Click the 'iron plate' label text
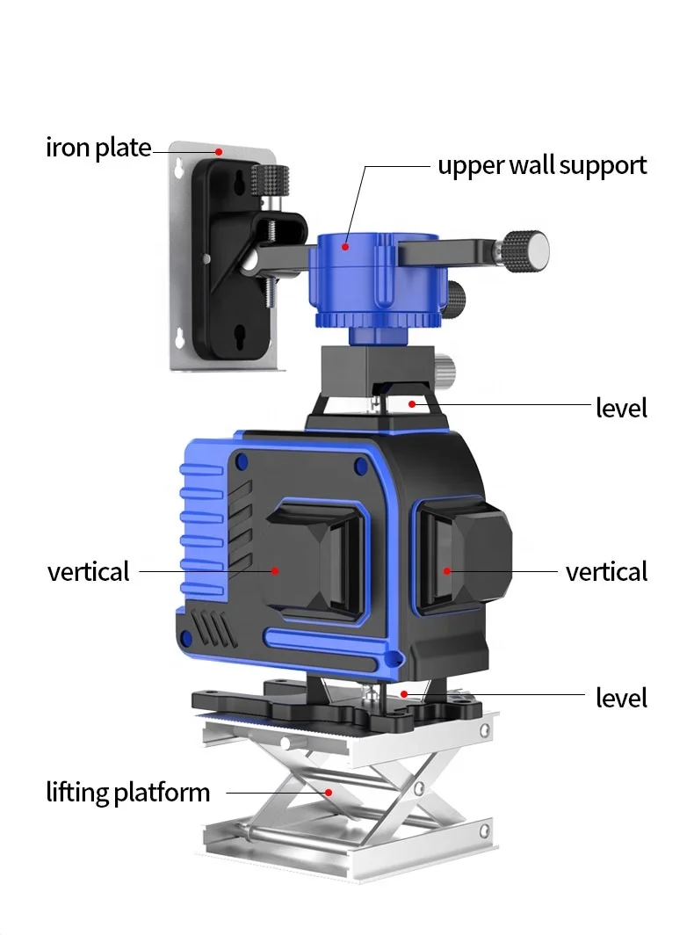click(98, 148)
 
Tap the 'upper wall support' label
click(542, 166)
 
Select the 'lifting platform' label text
click(128, 793)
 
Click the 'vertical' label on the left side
click(88, 571)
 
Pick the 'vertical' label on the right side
click(606, 571)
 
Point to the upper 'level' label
click(621, 408)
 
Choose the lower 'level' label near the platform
click(621, 698)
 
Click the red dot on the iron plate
click(219, 152)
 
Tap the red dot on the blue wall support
click(345, 246)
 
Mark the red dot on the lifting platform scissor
click(328, 793)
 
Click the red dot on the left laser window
click(275, 570)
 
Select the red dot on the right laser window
click(446, 570)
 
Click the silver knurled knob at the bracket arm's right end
click(525, 250)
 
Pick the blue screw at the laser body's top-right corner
click(360, 466)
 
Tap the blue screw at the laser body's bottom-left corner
click(186, 638)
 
